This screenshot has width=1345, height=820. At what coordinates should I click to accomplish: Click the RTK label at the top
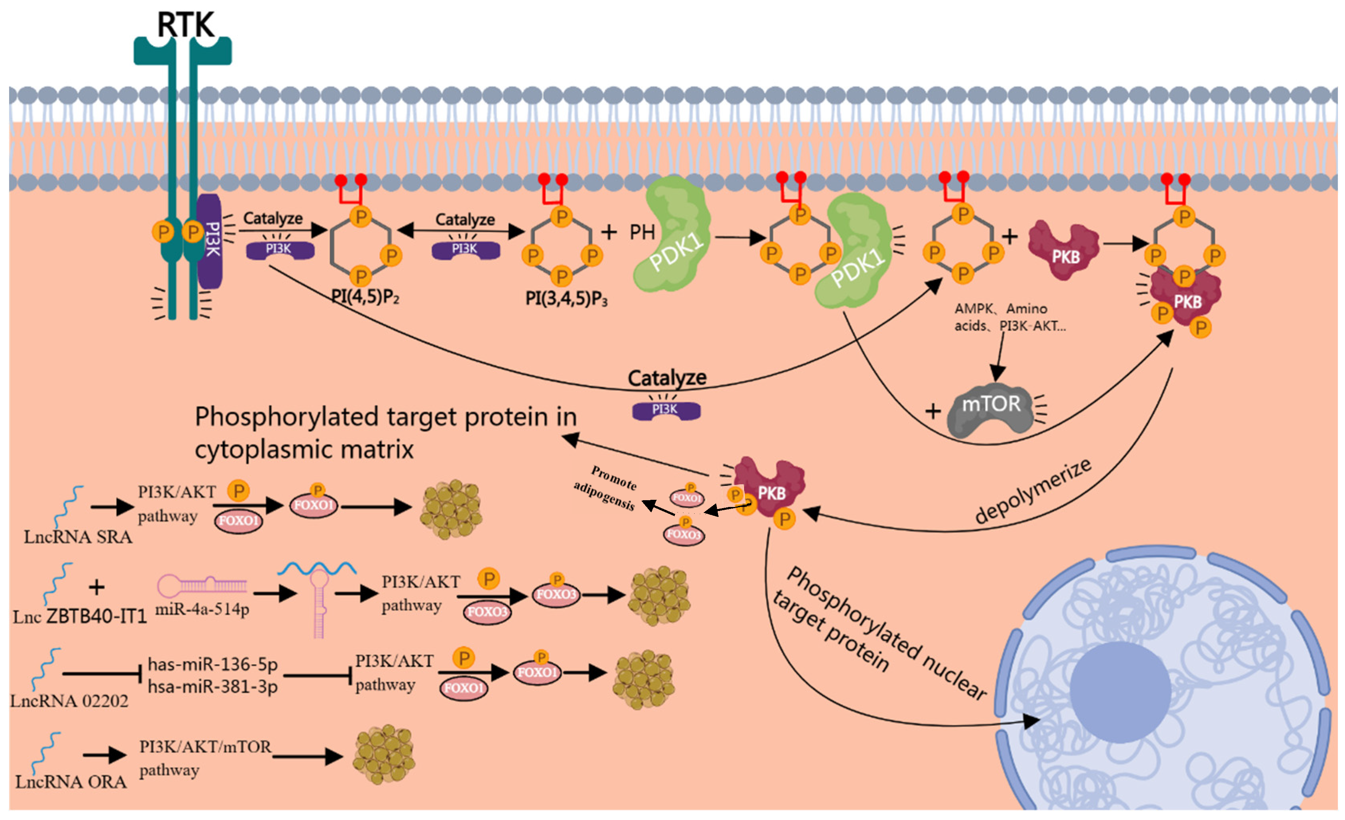point(186,25)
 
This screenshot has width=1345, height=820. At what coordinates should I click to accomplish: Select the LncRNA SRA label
point(78,537)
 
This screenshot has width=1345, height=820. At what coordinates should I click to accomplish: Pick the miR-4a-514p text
point(202,609)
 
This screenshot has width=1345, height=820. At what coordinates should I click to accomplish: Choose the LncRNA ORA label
point(71,782)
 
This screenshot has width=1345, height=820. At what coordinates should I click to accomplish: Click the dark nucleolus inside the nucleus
point(1120,692)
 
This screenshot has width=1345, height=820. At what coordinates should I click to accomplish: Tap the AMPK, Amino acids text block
point(1009,317)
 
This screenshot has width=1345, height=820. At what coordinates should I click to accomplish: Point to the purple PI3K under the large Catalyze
point(666,410)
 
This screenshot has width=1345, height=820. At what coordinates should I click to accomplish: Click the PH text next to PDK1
point(642,233)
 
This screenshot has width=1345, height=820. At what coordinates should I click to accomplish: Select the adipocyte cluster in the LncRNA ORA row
point(384,755)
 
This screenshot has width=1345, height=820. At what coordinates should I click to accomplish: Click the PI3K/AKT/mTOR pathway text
point(205,757)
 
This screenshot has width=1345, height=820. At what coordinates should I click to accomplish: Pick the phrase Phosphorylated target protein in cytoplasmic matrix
point(385,433)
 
